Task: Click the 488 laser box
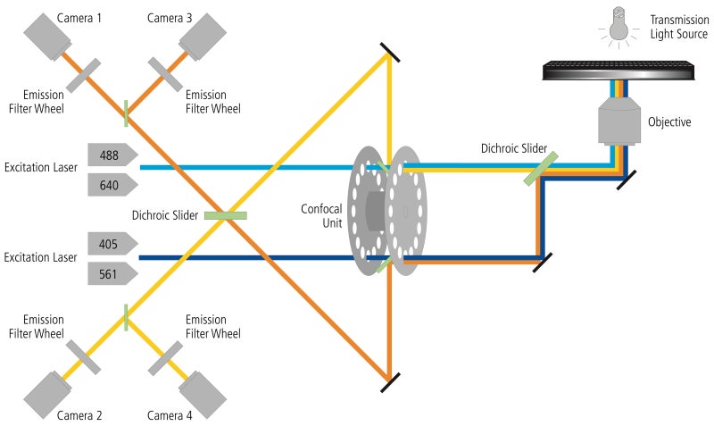pyautogui.click(x=112, y=155)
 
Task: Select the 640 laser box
pyautogui.click(x=112, y=185)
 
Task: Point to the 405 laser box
pyautogui.click(x=112, y=244)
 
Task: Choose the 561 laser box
pyautogui.click(x=112, y=273)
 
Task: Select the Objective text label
pyautogui.click(x=669, y=122)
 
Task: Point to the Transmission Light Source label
pyautogui.click(x=677, y=28)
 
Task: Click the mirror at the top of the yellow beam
pyautogui.click(x=389, y=51)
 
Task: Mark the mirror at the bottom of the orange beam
pyautogui.click(x=389, y=381)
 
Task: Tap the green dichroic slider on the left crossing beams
pyautogui.click(x=225, y=214)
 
